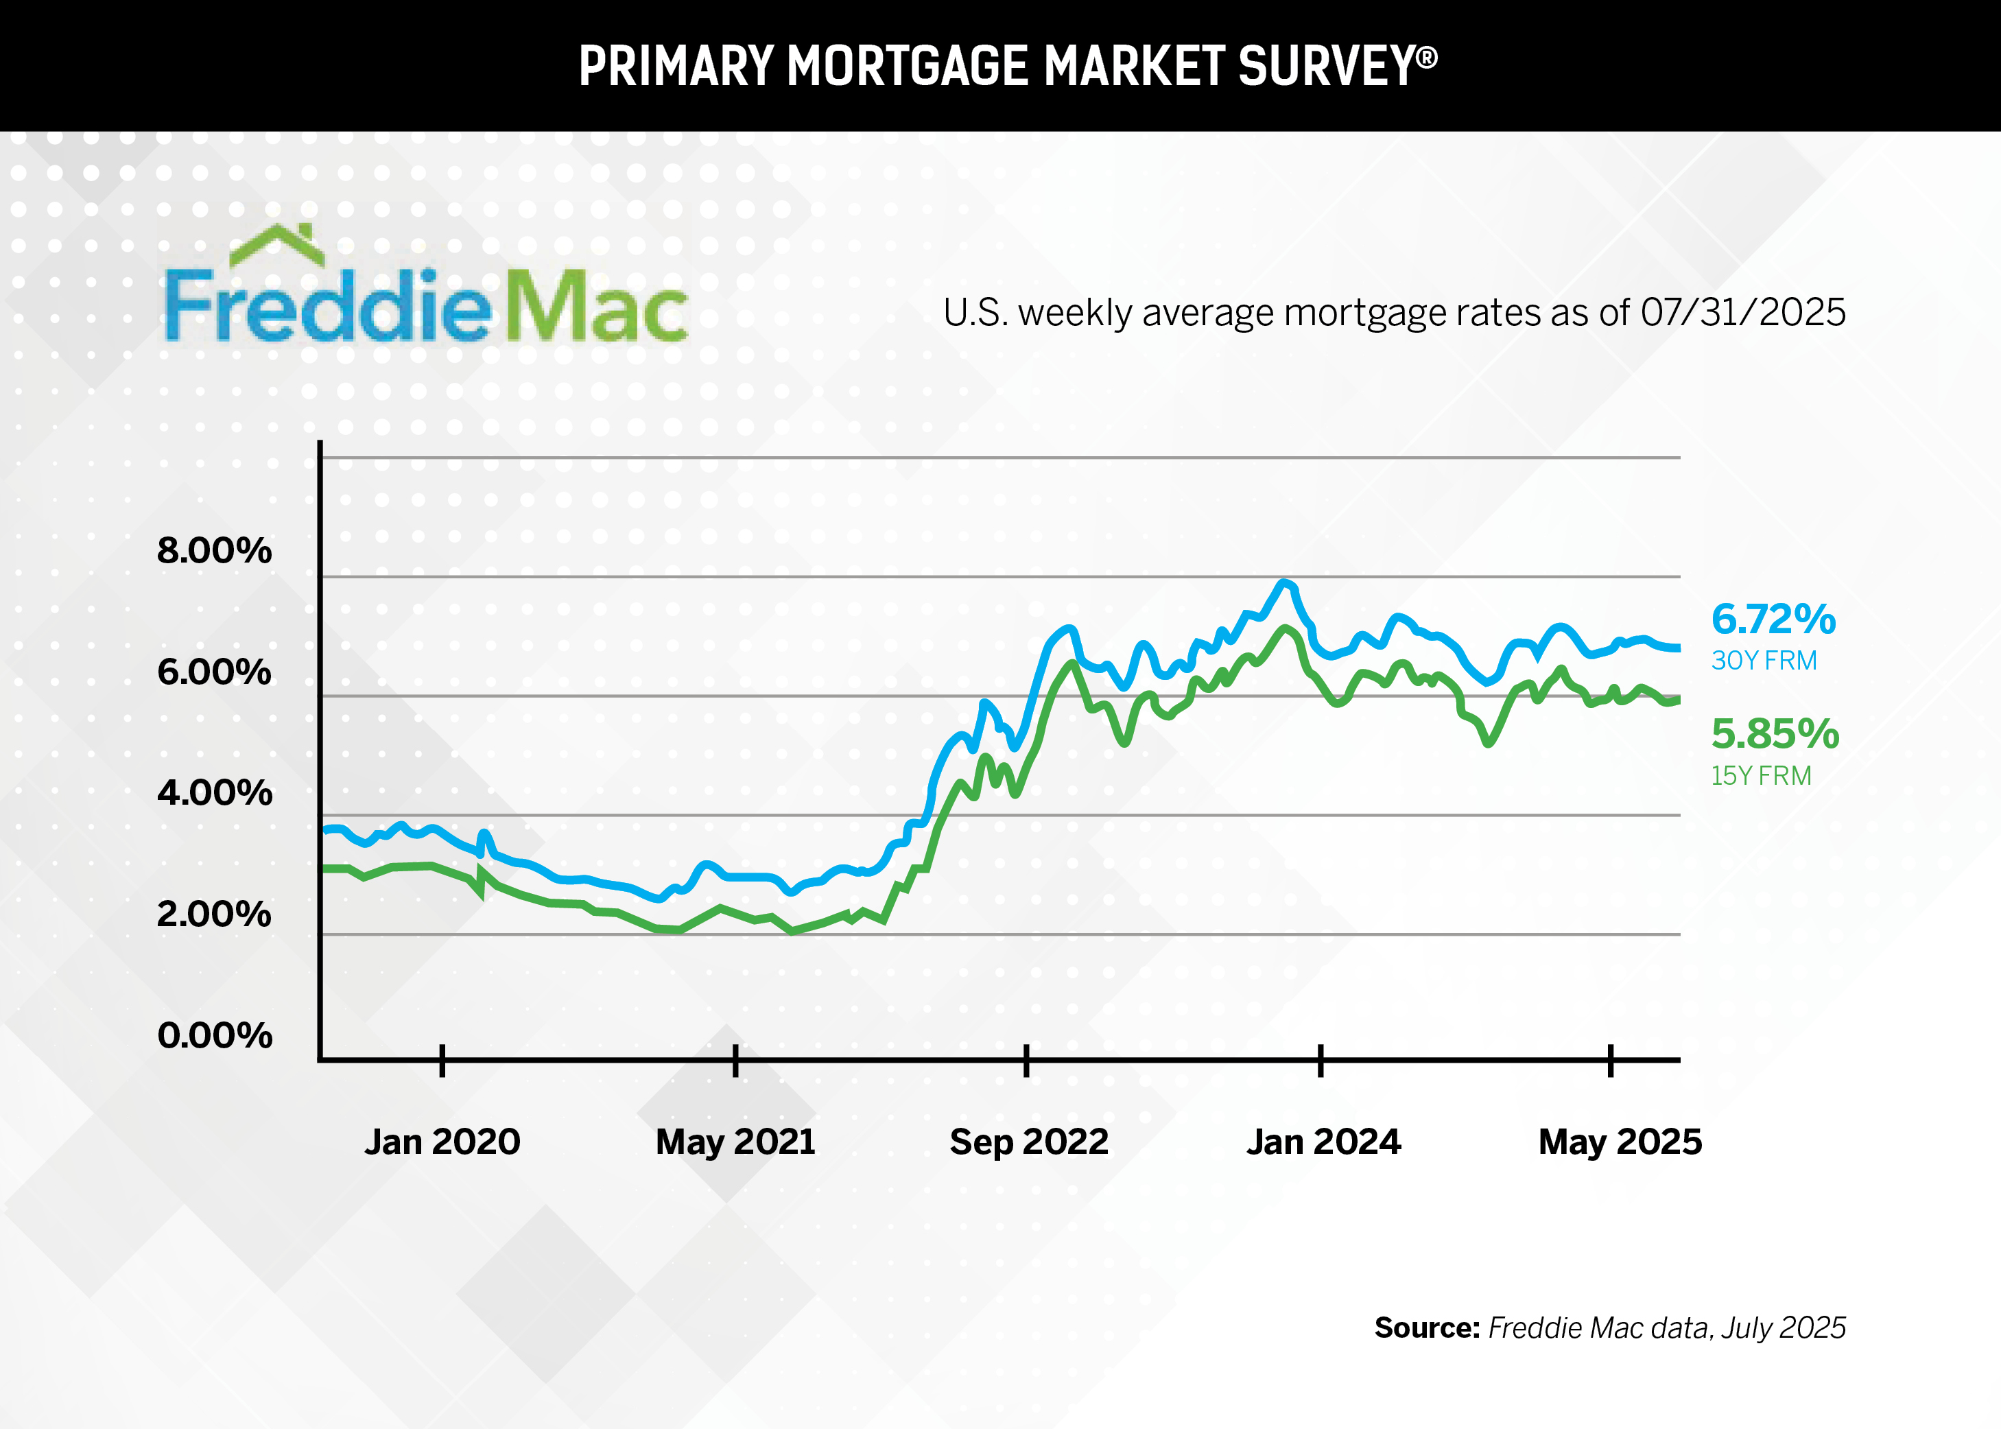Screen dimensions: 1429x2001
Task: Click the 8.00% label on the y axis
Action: pos(214,551)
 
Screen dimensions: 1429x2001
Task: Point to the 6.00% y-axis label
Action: pos(214,672)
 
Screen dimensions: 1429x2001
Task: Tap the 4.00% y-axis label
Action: pos(214,793)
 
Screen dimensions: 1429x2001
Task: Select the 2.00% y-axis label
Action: pos(214,914)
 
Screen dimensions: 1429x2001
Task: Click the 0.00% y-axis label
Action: pos(214,1036)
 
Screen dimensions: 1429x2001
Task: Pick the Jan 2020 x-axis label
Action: pos(442,1142)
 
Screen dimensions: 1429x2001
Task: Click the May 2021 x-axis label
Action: pos(735,1142)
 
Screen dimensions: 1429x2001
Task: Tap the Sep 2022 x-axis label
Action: pos(1029,1142)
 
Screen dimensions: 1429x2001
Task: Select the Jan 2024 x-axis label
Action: pos(1323,1142)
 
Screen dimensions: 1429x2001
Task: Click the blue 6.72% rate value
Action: pos(1773,619)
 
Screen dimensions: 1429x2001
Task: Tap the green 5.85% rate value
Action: pos(1775,734)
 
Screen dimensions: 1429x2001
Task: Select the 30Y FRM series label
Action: pos(1764,661)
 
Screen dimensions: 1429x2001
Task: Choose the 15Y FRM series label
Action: pos(1761,776)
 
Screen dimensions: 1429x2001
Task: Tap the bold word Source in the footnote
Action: pos(1426,1327)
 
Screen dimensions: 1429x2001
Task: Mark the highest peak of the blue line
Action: pos(1285,582)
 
